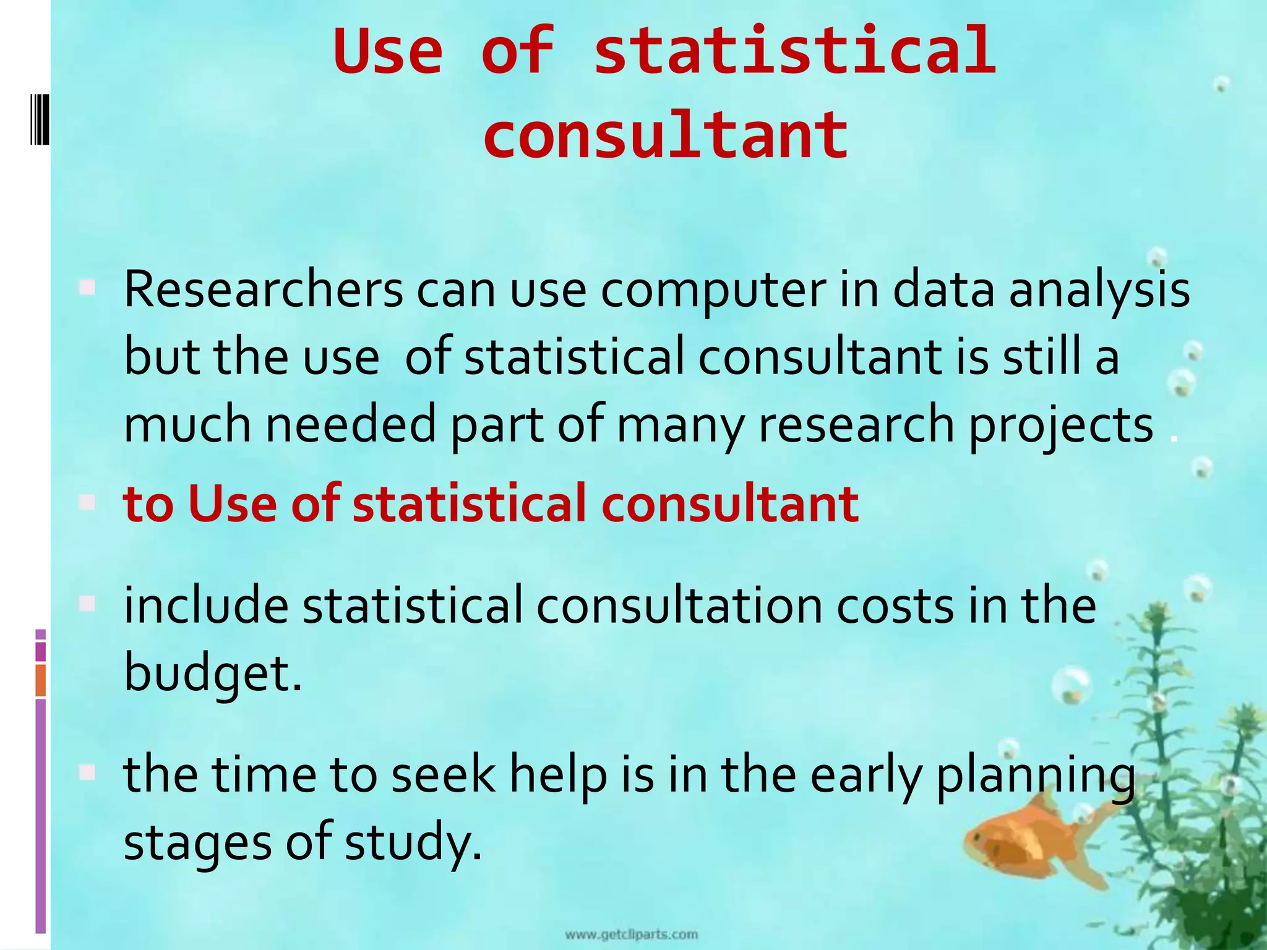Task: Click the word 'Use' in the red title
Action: click(x=388, y=51)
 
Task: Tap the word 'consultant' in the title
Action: click(x=666, y=135)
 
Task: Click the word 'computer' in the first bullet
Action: click(x=713, y=291)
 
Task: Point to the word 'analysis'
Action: click(x=1099, y=291)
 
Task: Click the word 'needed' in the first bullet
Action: click(x=351, y=424)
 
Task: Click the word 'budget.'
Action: click(x=213, y=674)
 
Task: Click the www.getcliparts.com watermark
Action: click(x=631, y=935)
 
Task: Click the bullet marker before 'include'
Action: click(x=87, y=603)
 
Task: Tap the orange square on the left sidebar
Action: click(x=41, y=680)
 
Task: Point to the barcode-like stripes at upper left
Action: click(x=40, y=119)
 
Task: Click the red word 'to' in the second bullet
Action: click(x=148, y=503)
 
